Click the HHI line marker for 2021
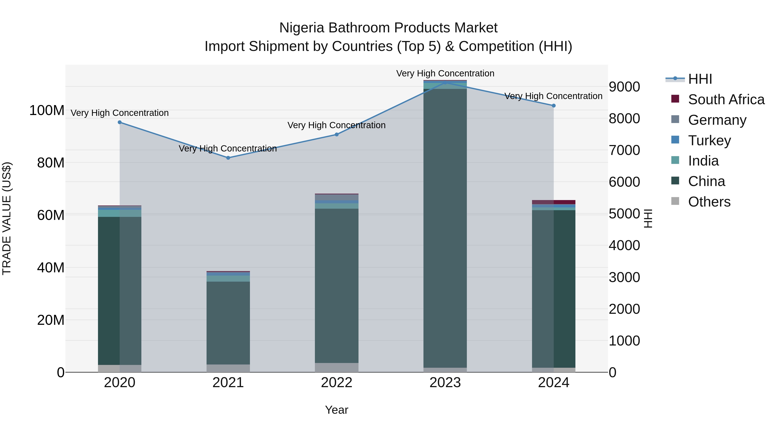228,158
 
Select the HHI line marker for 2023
445,82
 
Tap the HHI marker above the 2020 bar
120,122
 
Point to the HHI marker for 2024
553,106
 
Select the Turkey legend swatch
675,140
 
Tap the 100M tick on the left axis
47,110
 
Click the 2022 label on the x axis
337,383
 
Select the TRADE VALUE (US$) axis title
7,218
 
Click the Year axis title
337,410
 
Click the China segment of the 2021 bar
228,323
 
